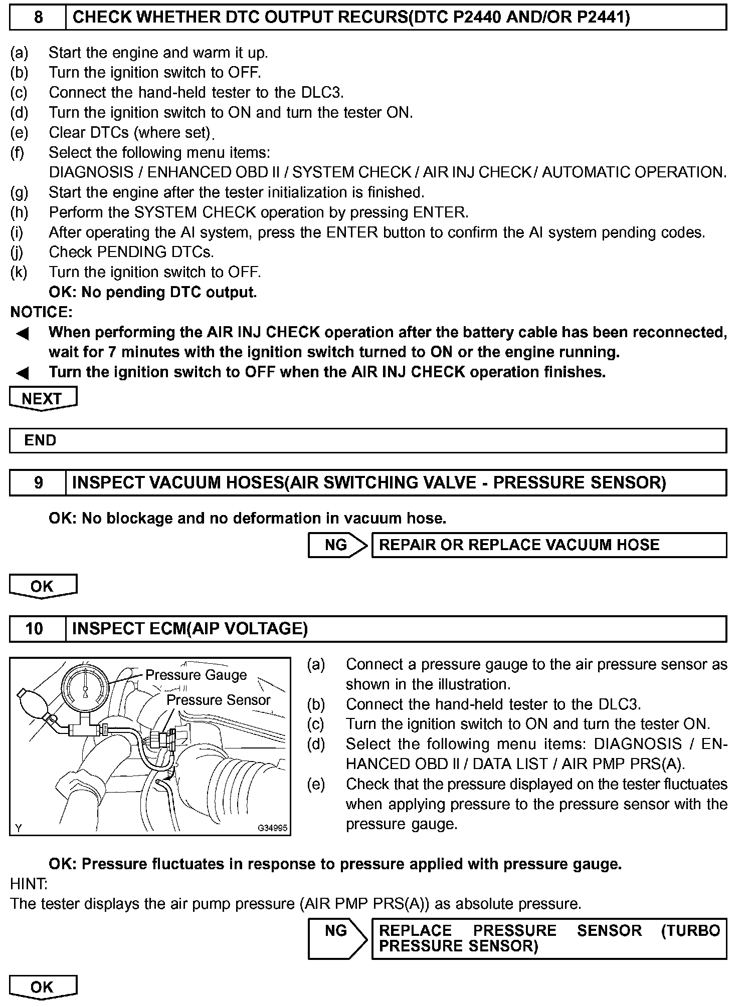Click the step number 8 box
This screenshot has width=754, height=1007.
click(x=38, y=18)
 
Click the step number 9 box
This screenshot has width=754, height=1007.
click(x=38, y=482)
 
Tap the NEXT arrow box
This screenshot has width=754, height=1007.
click(x=43, y=399)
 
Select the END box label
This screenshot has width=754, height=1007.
click(x=40, y=441)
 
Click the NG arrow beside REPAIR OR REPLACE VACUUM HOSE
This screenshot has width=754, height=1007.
click(x=337, y=545)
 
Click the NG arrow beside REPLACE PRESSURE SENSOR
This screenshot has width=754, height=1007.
click(x=337, y=938)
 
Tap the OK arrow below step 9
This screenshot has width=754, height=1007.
click(x=43, y=586)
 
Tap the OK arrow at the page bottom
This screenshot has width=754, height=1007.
click(x=43, y=987)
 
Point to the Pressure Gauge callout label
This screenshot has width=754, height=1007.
click(x=196, y=675)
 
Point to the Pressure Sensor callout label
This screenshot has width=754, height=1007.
click(x=218, y=700)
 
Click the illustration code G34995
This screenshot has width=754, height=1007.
click(x=272, y=828)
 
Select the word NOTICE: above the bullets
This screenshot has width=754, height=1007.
click(x=41, y=312)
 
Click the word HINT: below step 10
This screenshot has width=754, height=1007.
click(x=29, y=884)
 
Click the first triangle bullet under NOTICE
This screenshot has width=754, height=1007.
click(x=23, y=333)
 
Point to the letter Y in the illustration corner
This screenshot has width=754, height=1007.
click(x=19, y=828)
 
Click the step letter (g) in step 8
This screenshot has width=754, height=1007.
click(x=19, y=192)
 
